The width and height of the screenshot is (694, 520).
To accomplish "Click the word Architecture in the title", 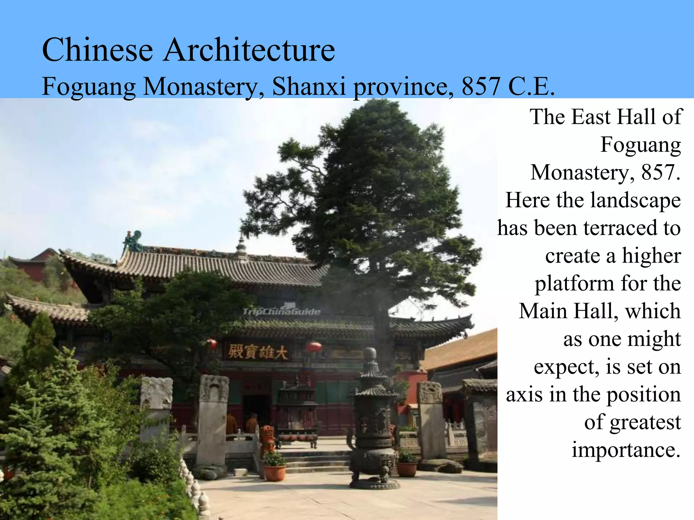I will coord(249,50).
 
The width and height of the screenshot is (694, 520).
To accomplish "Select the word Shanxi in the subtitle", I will coord(309,86).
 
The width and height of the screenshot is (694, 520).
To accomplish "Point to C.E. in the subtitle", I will coord(531,86).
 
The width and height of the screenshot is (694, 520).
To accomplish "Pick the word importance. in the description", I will coord(626,450).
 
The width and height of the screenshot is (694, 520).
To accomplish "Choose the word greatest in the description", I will coord(645,422).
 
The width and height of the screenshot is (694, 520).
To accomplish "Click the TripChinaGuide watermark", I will coord(281,311).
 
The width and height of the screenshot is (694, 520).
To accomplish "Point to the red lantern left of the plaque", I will coord(212,344).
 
